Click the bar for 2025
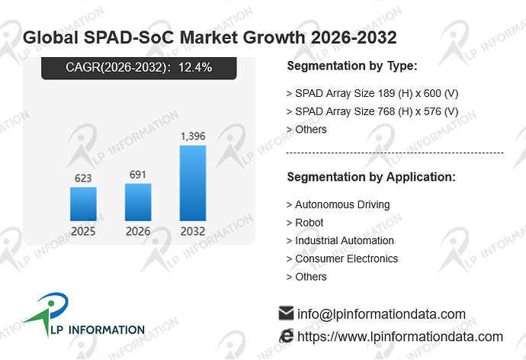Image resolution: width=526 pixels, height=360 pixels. click(x=83, y=204)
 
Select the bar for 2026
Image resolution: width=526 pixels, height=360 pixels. click(x=138, y=202)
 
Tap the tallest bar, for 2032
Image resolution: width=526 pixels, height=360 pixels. click(x=193, y=183)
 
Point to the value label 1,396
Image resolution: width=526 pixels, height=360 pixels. click(x=193, y=137)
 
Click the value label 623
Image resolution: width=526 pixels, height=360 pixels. click(x=83, y=178)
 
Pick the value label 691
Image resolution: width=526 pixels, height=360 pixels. click(x=138, y=175)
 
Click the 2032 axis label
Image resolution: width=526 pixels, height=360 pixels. click(x=193, y=231)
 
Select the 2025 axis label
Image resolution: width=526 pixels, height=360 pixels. click(x=83, y=231)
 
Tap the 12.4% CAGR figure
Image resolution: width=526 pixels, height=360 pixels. click(x=195, y=67)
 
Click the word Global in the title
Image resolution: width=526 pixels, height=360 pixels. click(x=50, y=37)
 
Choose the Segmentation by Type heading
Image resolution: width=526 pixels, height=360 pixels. click(x=352, y=66)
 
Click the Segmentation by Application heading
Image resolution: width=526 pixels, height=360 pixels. click(x=371, y=177)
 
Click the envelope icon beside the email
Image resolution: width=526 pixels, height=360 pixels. click(x=286, y=313)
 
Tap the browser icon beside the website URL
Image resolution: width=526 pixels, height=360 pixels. click(x=287, y=336)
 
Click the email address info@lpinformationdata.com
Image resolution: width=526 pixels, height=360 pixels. click(x=381, y=314)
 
